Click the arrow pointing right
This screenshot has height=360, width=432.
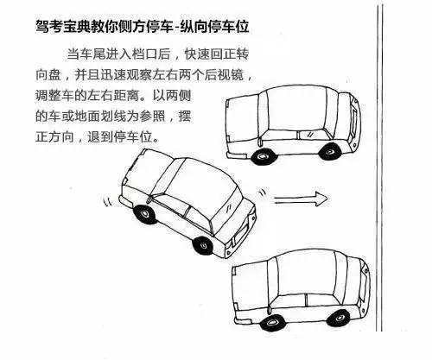pyautogui.click(x=301, y=199)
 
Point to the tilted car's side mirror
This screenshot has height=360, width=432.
pyautogui.click(x=149, y=199)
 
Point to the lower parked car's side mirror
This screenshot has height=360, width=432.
pyautogui.click(x=270, y=310)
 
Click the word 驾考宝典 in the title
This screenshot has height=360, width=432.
pyautogui.click(x=63, y=27)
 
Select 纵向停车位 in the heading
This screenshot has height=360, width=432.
pyautogui.click(x=214, y=27)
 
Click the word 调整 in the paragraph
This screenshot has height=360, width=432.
pyautogui.click(x=48, y=96)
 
